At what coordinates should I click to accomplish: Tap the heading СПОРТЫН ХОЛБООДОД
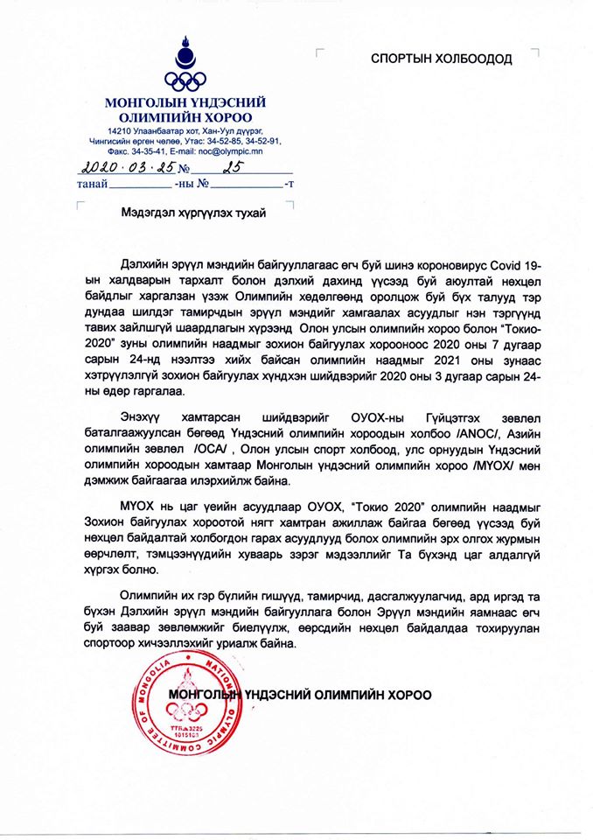(x=442, y=59)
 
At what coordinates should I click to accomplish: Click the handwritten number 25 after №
(x=230, y=167)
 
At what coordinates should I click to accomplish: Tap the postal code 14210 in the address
(x=108, y=129)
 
